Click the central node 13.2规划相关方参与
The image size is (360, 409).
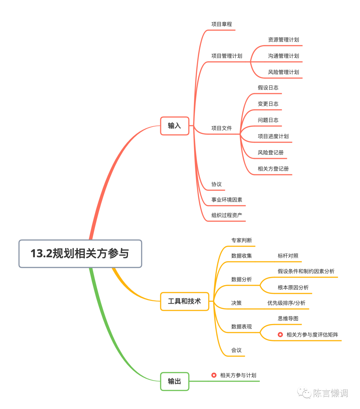click(80, 254)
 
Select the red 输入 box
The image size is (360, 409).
click(174, 126)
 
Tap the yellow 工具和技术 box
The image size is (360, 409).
click(184, 301)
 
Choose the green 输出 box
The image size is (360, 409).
click(174, 381)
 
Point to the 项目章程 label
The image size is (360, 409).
click(222, 24)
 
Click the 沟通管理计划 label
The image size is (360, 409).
click(283, 56)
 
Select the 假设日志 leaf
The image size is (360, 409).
click(268, 88)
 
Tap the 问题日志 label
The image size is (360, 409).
click(268, 120)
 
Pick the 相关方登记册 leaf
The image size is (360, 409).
click(273, 169)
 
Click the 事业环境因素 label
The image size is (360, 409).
click(227, 200)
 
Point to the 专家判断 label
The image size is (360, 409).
click(242, 240)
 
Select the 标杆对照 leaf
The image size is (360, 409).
click(288, 256)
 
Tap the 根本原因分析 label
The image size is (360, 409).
click(293, 287)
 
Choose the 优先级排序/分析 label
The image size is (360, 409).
click(286, 303)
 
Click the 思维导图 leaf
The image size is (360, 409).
click(288, 319)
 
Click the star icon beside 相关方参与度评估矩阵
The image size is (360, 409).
click(280, 334)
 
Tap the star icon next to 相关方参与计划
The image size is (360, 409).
click(214, 375)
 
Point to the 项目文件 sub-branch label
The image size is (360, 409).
click(222, 128)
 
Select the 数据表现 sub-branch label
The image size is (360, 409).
click(242, 327)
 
